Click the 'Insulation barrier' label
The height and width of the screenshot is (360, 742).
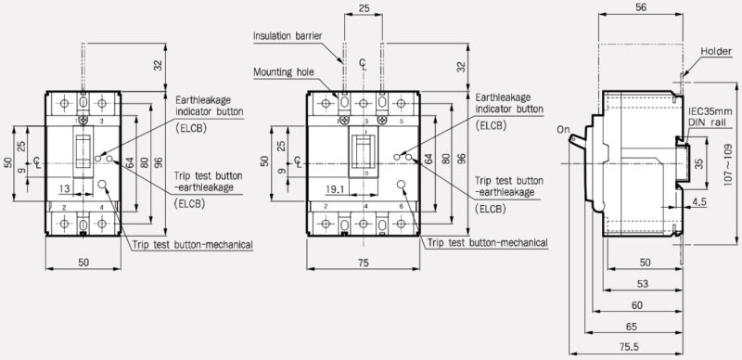click(x=288, y=36)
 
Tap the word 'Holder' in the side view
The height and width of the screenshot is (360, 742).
click(x=717, y=51)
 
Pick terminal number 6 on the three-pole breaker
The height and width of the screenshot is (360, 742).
click(x=399, y=205)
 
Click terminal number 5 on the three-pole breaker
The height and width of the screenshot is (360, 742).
click(x=399, y=122)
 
